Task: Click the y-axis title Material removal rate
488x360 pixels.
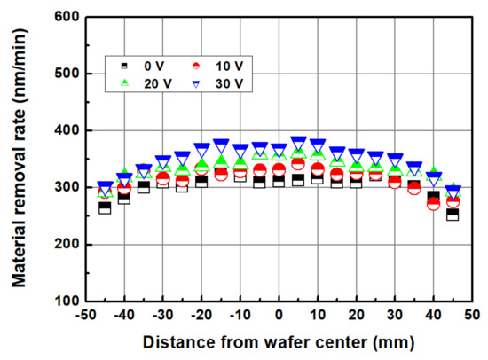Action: tap(20, 160)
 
